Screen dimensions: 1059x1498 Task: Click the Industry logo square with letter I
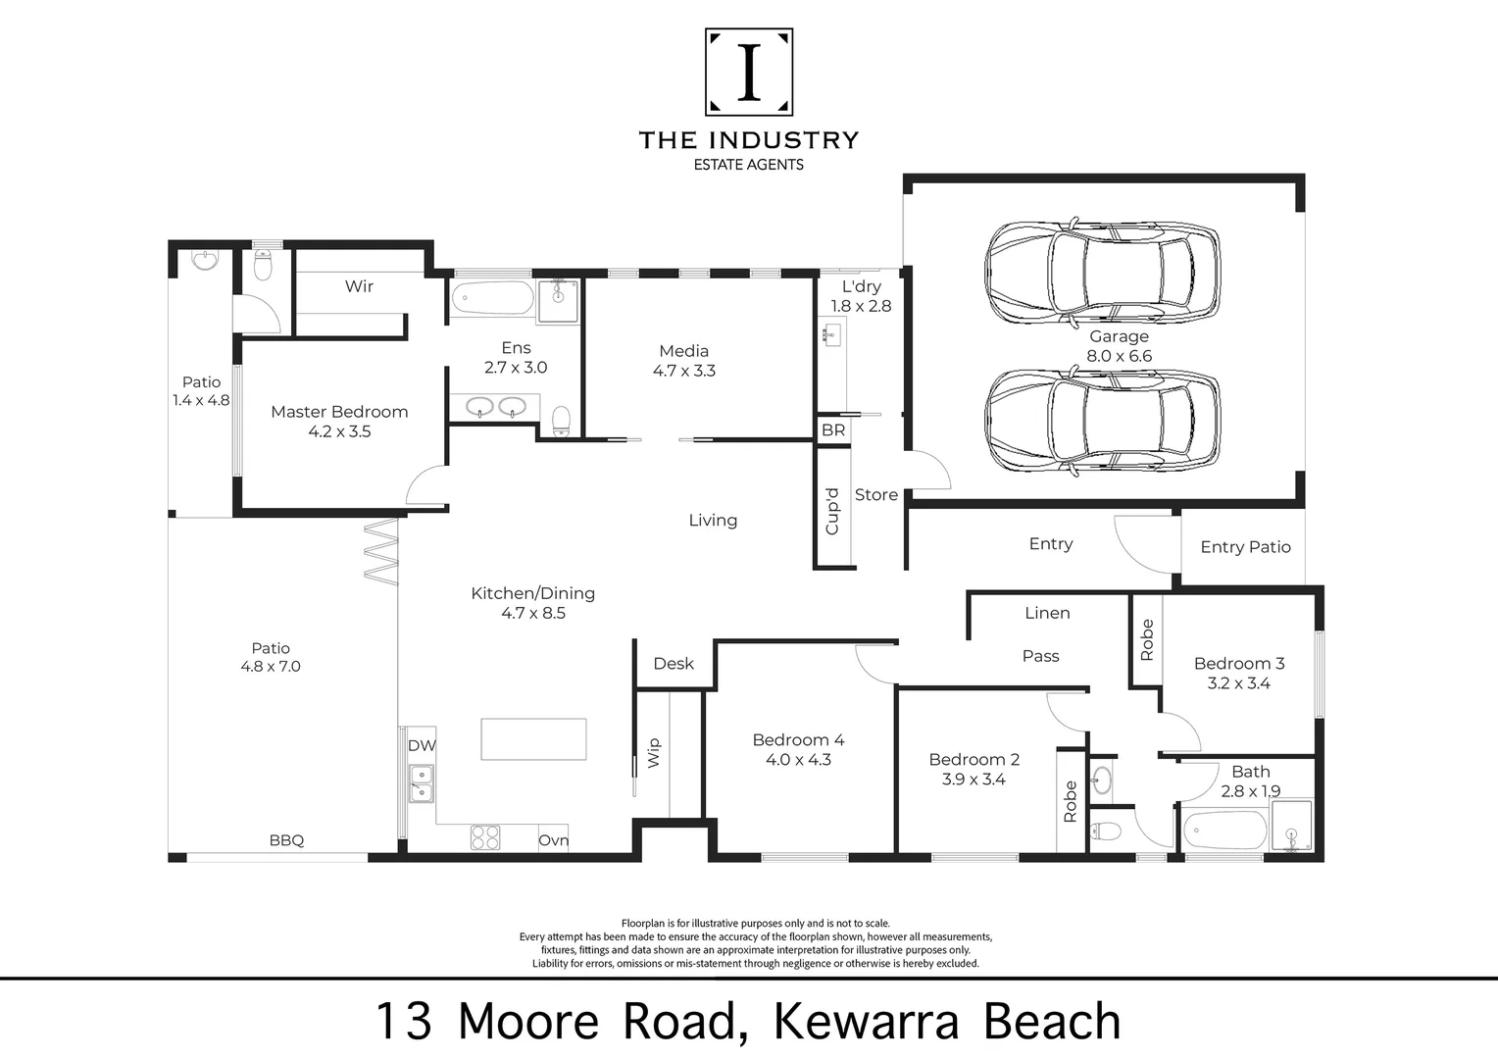(749, 73)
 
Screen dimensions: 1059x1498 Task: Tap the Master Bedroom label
(339, 412)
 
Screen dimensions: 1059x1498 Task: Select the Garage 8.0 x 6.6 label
(1119, 346)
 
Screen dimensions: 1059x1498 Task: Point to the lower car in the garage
(1102, 422)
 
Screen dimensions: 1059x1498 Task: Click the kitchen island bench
(533, 738)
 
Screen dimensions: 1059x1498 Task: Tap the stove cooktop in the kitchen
(484, 837)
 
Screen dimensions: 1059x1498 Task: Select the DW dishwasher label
(422, 745)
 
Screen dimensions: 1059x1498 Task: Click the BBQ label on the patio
(286, 840)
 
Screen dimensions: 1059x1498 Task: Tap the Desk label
(674, 664)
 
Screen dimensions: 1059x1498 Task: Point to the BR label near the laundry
(833, 430)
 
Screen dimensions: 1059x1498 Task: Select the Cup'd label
(832, 511)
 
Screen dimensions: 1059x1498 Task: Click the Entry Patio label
(1245, 547)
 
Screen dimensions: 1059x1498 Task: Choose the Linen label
(1047, 613)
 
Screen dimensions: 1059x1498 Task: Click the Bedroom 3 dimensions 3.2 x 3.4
(1238, 683)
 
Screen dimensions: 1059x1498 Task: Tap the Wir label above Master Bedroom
(359, 286)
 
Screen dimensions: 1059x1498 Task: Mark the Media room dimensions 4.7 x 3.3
(683, 371)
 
